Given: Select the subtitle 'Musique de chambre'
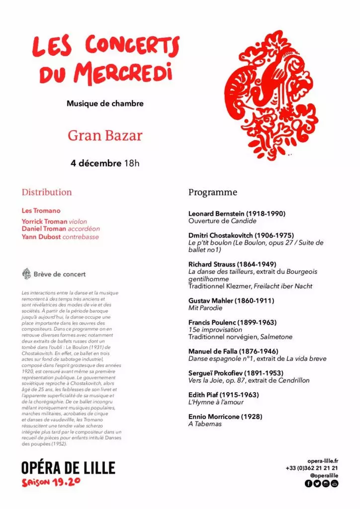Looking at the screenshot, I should tap(105, 104).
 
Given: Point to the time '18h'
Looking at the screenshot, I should tap(132, 163).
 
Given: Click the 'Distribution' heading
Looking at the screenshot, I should tap(47, 192).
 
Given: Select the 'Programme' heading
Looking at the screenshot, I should tap(213, 192).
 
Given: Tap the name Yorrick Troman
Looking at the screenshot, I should tap(44, 221).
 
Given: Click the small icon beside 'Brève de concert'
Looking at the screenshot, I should tap(27, 274).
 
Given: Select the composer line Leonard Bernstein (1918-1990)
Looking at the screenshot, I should tap(237, 214).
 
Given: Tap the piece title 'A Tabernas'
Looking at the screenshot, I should tap(205, 424).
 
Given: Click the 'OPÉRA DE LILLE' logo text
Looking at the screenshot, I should tap(68, 468).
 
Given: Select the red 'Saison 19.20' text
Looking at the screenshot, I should tap(51, 482).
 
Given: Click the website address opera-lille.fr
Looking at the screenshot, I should tap(323, 461).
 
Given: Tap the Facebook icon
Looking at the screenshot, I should tap(309, 483).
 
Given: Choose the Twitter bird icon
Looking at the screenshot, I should tap(317, 483).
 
